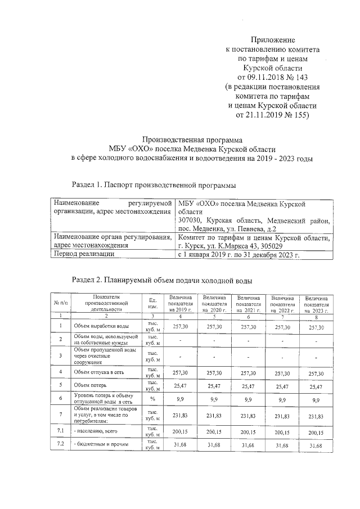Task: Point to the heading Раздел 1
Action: tap(90, 184)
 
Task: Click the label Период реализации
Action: tap(85, 254)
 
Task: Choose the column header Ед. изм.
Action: tap(152, 303)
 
